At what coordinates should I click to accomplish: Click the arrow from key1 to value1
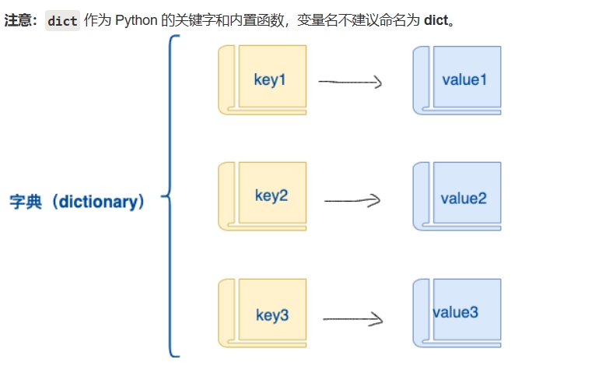click(x=351, y=81)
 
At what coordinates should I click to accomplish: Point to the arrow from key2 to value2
click(x=352, y=200)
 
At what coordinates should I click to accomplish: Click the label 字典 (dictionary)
click(x=77, y=202)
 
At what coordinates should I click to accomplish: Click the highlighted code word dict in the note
click(x=62, y=21)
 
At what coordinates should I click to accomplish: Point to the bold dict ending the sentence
click(x=436, y=20)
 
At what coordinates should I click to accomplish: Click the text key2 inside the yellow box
click(x=271, y=195)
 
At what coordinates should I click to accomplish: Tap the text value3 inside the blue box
click(x=456, y=312)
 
